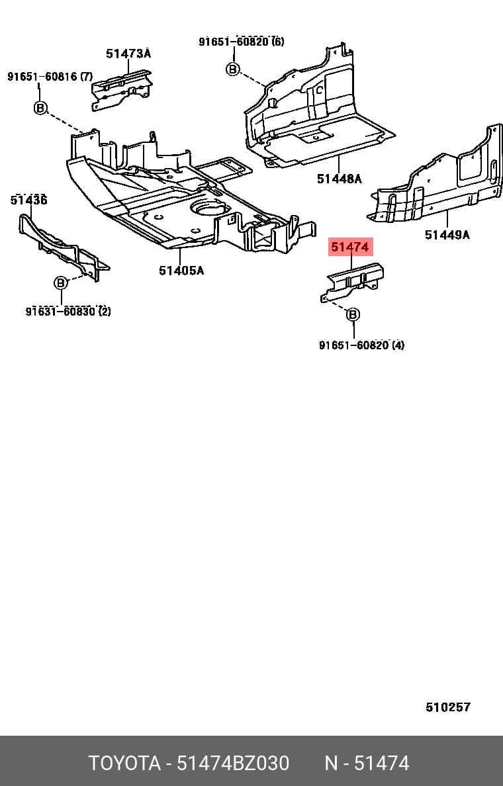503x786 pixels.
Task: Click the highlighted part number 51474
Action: (x=350, y=247)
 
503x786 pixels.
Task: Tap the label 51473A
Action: (x=128, y=53)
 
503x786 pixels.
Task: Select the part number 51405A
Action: (x=181, y=270)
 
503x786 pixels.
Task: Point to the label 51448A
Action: (x=339, y=179)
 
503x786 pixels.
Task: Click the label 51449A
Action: (x=447, y=234)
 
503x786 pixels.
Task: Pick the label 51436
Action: (x=28, y=200)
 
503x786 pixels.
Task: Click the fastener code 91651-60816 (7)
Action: (x=50, y=76)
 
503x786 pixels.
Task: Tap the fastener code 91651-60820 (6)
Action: (x=241, y=41)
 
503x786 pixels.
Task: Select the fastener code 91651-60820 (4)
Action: (x=361, y=345)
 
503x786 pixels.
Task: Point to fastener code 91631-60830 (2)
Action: (x=68, y=312)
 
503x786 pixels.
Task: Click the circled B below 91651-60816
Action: (x=40, y=107)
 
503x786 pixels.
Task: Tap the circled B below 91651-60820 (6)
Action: (x=233, y=69)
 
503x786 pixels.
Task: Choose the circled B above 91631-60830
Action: (x=61, y=283)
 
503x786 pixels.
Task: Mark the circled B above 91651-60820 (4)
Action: (x=353, y=314)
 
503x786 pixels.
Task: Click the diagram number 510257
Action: (x=448, y=707)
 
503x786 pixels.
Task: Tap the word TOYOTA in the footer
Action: (x=124, y=763)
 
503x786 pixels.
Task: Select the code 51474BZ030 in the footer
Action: (x=233, y=763)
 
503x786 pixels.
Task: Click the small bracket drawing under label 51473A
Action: (x=121, y=90)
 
